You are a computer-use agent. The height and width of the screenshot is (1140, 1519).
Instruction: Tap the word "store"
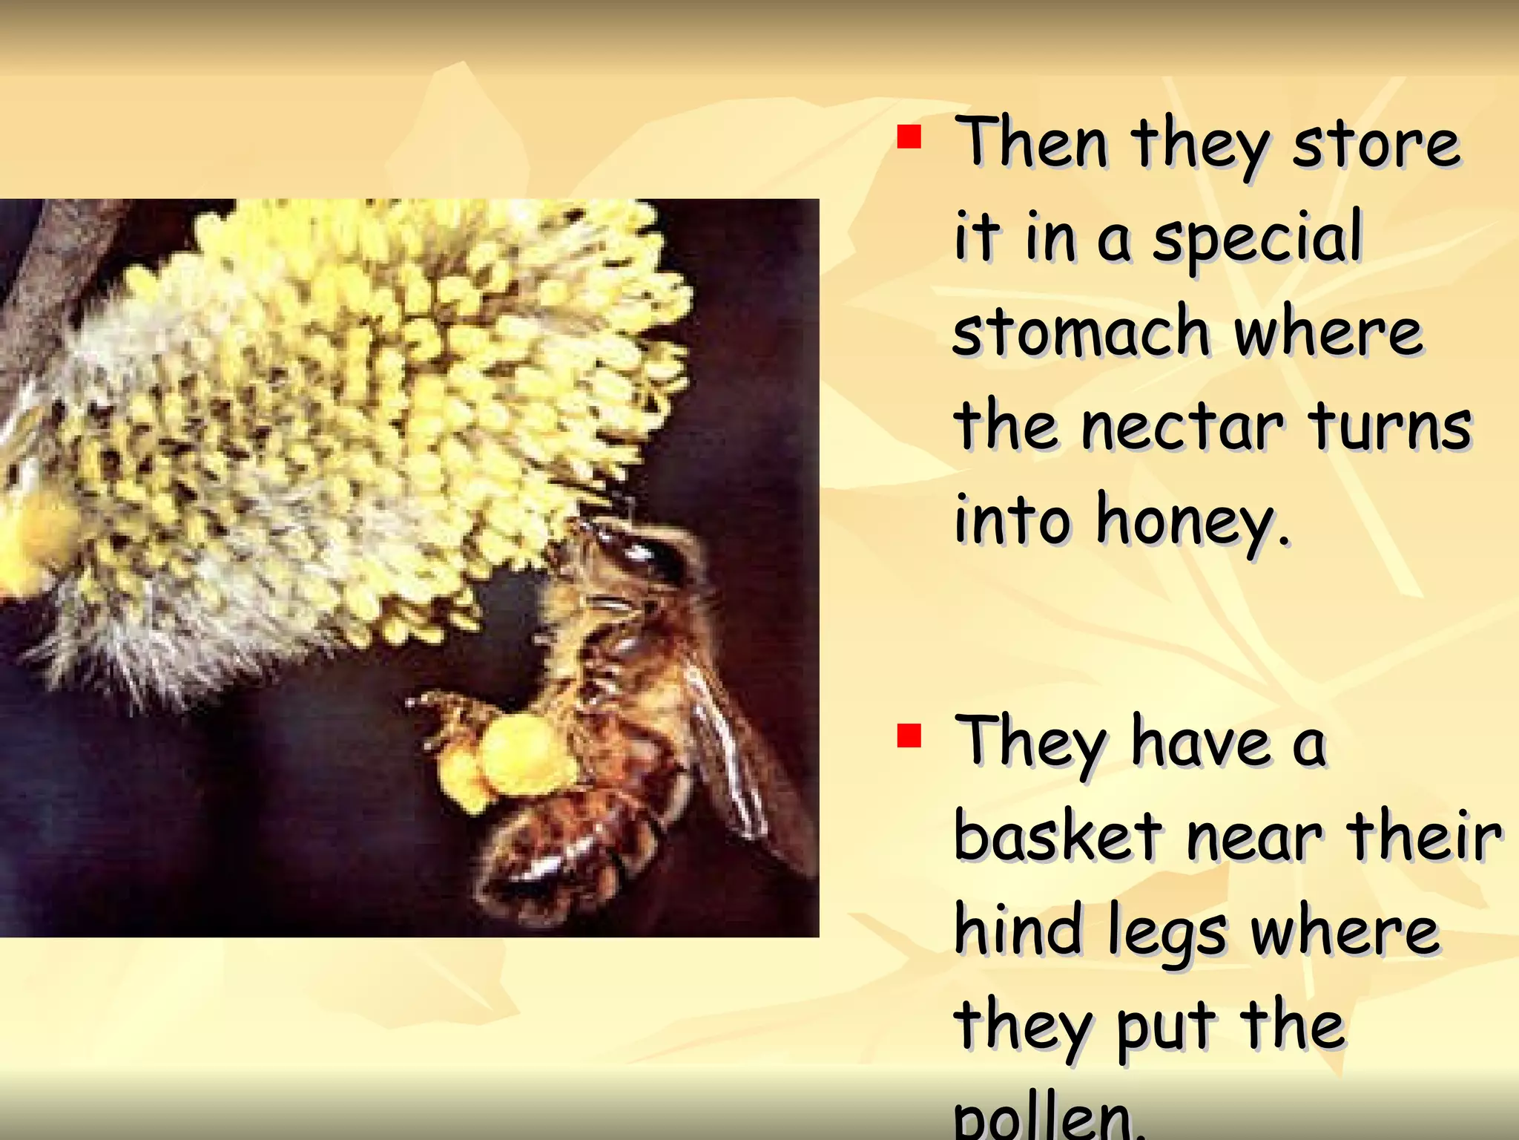point(1377,144)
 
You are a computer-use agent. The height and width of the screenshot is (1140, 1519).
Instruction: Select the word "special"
point(1258,237)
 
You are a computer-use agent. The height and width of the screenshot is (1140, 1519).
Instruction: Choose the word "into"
point(1012,520)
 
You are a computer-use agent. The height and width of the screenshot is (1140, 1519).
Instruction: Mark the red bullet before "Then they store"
point(909,137)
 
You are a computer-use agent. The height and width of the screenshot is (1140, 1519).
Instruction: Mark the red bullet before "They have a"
point(909,736)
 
